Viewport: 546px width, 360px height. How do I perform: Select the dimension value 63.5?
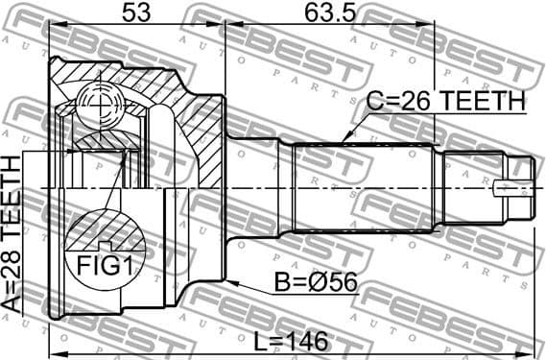323,13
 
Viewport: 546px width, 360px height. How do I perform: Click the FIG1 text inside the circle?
105,265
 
